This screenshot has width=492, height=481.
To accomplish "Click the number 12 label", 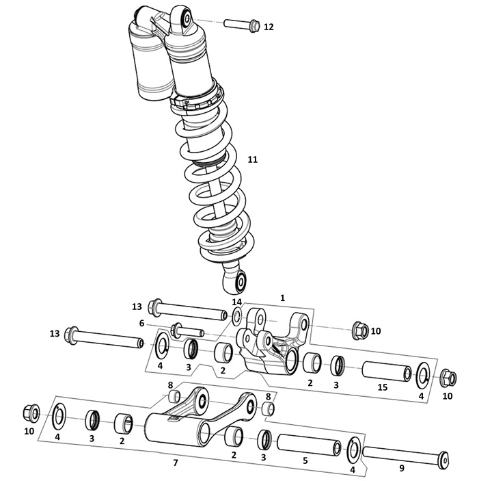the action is [x=269, y=27].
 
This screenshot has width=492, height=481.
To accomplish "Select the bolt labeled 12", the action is [x=242, y=25].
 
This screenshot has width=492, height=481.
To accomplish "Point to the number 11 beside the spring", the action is [x=253, y=159].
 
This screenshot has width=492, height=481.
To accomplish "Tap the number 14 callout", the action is [x=237, y=302].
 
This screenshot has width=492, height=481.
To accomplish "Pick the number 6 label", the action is [x=141, y=323].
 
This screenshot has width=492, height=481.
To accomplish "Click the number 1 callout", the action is [x=282, y=298].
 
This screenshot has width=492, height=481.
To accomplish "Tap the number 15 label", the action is [x=383, y=387].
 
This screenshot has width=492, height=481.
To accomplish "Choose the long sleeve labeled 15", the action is [x=387, y=372].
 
